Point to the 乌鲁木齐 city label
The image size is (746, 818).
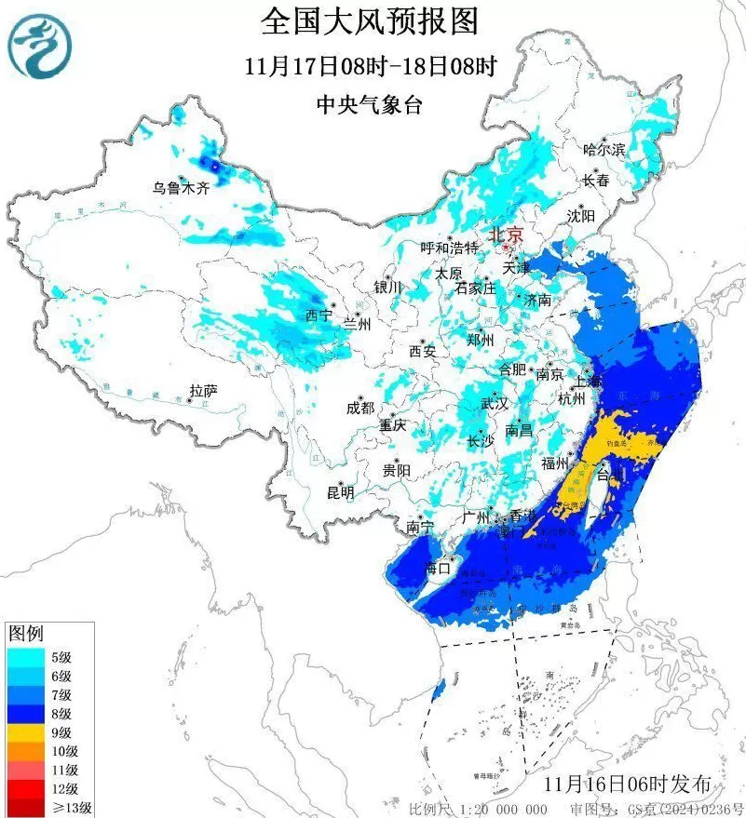point(183,187)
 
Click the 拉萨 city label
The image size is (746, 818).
point(203,392)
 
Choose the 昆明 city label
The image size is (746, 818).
point(340,492)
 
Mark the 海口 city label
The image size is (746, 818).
point(438,568)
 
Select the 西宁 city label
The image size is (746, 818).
point(319,315)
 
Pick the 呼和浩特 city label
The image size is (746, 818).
point(449,248)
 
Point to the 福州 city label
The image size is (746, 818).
point(556,463)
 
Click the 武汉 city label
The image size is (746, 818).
point(495,404)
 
